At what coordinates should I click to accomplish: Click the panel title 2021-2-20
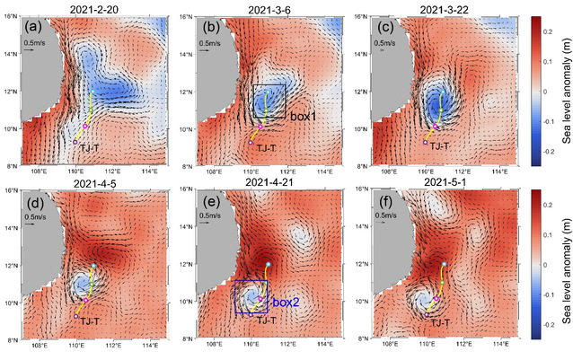(x=94, y=8)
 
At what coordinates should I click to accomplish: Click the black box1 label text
(x=303, y=117)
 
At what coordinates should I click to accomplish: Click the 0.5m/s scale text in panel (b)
(x=212, y=42)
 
